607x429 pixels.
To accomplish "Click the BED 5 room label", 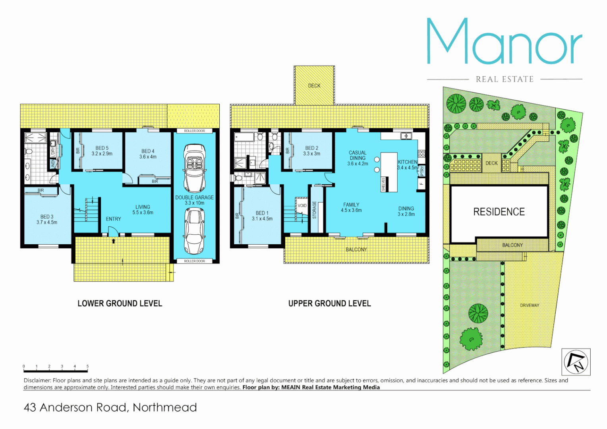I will tap(102, 151).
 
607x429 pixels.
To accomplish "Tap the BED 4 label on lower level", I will tap(148, 154).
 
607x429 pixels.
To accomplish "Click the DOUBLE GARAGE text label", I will tap(194, 197).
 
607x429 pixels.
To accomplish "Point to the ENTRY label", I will tap(113, 219).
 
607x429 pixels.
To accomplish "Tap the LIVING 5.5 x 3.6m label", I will tap(143, 210).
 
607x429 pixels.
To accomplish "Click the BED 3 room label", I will tap(47, 219).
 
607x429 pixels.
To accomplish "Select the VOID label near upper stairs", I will tap(302, 205).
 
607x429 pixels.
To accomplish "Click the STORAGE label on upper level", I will tap(314, 210).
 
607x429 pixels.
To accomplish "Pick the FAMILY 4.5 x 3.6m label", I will tap(351, 207).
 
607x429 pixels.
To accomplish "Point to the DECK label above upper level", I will tap(314, 85).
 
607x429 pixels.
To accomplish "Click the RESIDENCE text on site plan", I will tap(499, 212).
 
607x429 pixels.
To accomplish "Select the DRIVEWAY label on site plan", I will tap(530, 305).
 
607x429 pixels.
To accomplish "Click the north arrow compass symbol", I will tap(576, 362).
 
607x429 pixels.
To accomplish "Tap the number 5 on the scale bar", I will tap(87, 366).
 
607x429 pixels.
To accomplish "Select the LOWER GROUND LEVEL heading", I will tap(120, 303).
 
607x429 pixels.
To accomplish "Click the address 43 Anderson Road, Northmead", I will tap(110, 408).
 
